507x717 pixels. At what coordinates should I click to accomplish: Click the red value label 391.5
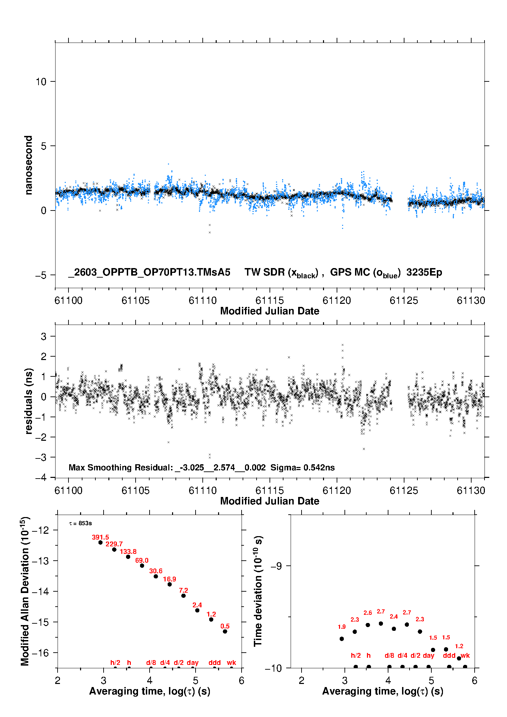pyautogui.click(x=101, y=537)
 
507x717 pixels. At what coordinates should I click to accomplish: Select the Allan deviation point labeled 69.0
pyautogui.click(x=142, y=566)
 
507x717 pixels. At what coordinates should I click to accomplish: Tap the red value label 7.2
pyautogui.click(x=183, y=591)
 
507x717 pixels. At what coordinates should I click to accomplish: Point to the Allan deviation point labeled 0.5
pyautogui.click(x=225, y=632)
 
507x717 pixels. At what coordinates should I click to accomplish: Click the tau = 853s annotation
pyautogui.click(x=80, y=524)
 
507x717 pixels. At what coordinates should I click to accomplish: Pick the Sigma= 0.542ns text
pyautogui.click(x=303, y=468)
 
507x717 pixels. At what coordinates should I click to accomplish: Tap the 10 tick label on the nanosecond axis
pyautogui.click(x=41, y=82)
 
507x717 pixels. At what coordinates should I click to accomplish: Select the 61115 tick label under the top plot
pyautogui.click(x=270, y=300)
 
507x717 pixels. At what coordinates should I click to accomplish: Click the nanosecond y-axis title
pyautogui.click(x=28, y=165)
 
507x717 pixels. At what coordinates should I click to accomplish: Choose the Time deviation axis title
pyautogui.click(x=258, y=591)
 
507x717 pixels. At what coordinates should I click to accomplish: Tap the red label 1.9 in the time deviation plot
pyautogui.click(x=342, y=627)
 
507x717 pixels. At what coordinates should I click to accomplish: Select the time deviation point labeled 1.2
pyautogui.click(x=459, y=658)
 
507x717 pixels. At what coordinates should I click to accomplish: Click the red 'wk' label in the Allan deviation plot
pyautogui.click(x=231, y=663)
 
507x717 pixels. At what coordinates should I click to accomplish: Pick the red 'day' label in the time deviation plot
pyautogui.click(x=429, y=656)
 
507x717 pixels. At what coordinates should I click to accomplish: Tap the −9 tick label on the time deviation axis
pyautogui.click(x=276, y=566)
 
